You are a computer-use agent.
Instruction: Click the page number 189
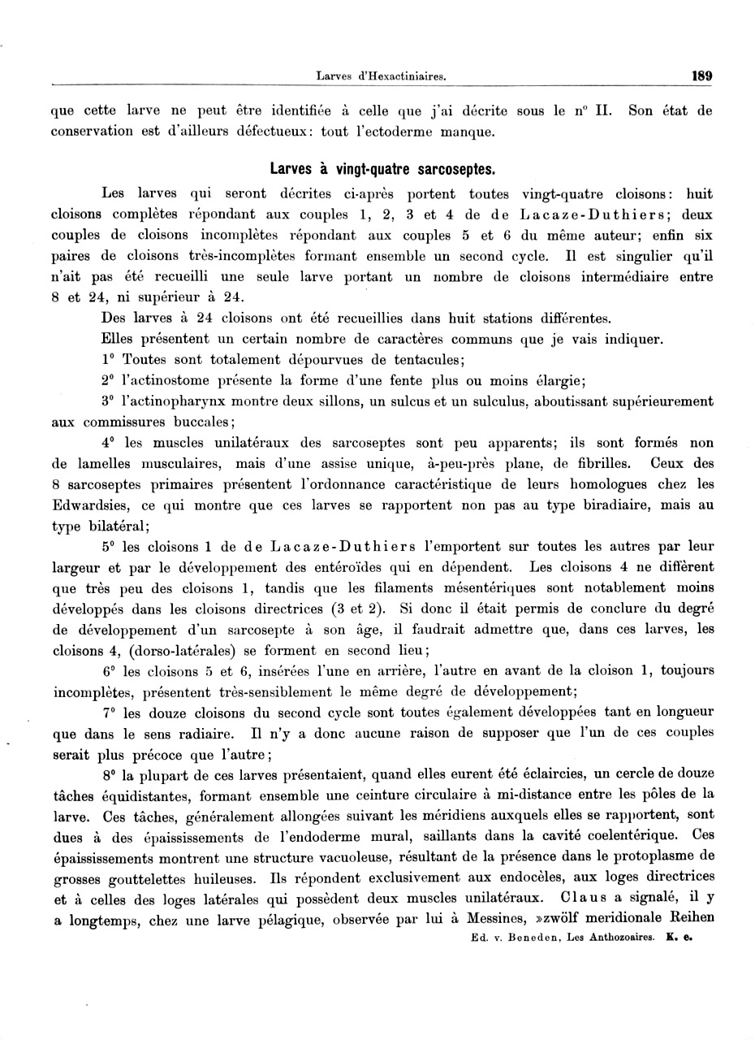tap(701, 76)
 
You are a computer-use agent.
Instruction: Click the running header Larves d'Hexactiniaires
tap(381, 77)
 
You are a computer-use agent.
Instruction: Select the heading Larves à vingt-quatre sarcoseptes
tap(382, 170)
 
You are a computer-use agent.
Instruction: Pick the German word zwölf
tap(555, 920)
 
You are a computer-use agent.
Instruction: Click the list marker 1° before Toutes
tap(109, 359)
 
